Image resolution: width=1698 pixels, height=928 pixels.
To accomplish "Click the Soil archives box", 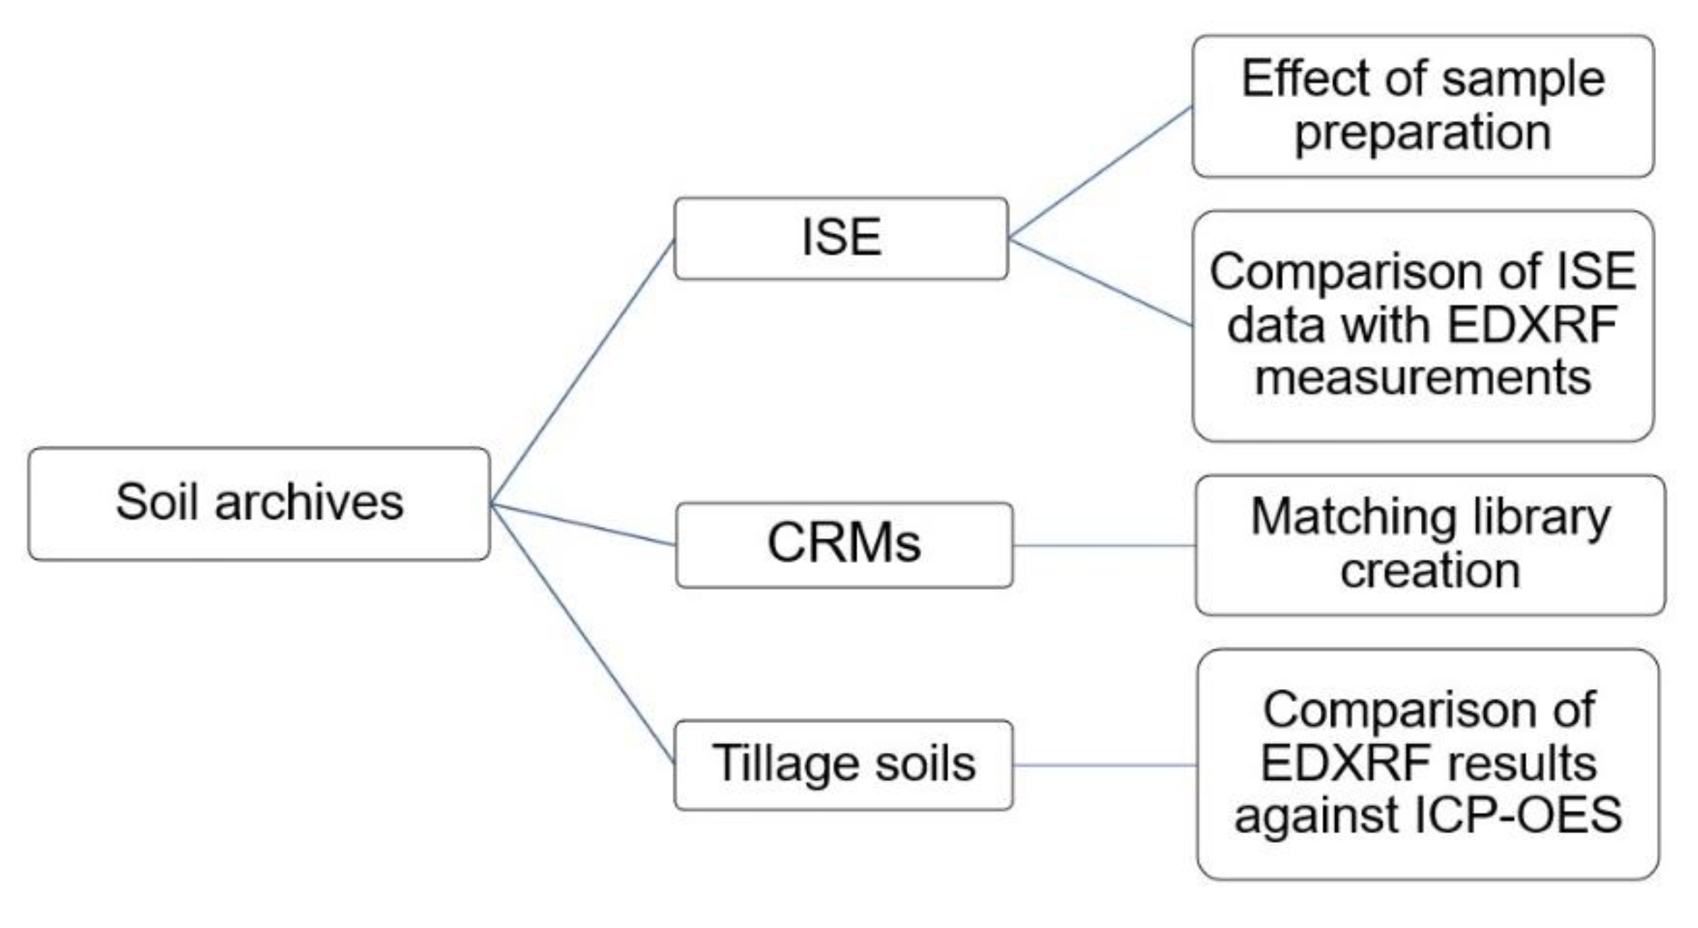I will pyautogui.click(x=259, y=504).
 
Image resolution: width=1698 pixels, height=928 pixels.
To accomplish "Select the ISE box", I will pyautogui.click(x=840, y=238).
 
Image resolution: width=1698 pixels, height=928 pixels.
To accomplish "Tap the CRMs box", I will pyautogui.click(x=843, y=544).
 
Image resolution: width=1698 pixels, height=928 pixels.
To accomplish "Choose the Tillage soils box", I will pyautogui.click(x=843, y=765).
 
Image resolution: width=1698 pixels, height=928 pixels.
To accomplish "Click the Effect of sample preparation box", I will pyautogui.click(x=1422, y=106).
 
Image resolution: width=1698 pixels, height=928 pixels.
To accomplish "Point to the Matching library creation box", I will pyautogui.click(x=1429, y=544).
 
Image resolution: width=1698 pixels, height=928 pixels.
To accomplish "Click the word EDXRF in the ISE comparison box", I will pyautogui.click(x=1531, y=325).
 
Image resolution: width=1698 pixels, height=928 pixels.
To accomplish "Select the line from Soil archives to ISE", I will pyautogui.click(x=581, y=373).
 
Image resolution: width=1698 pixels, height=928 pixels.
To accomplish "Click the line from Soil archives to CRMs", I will pyautogui.click(x=583, y=525).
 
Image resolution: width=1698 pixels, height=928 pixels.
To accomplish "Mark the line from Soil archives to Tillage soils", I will pyautogui.click(x=581, y=634).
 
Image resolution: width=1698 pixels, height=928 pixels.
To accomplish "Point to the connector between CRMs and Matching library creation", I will pyautogui.click(x=1103, y=546).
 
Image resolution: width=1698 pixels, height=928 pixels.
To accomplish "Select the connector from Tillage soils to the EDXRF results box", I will pyautogui.click(x=1104, y=766).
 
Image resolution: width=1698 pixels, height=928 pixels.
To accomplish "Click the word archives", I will pyautogui.click(x=309, y=503).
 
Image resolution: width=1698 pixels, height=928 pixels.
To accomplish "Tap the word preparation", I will pyautogui.click(x=1422, y=133).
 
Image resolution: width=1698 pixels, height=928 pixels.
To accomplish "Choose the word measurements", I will pyautogui.click(x=1422, y=378).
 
